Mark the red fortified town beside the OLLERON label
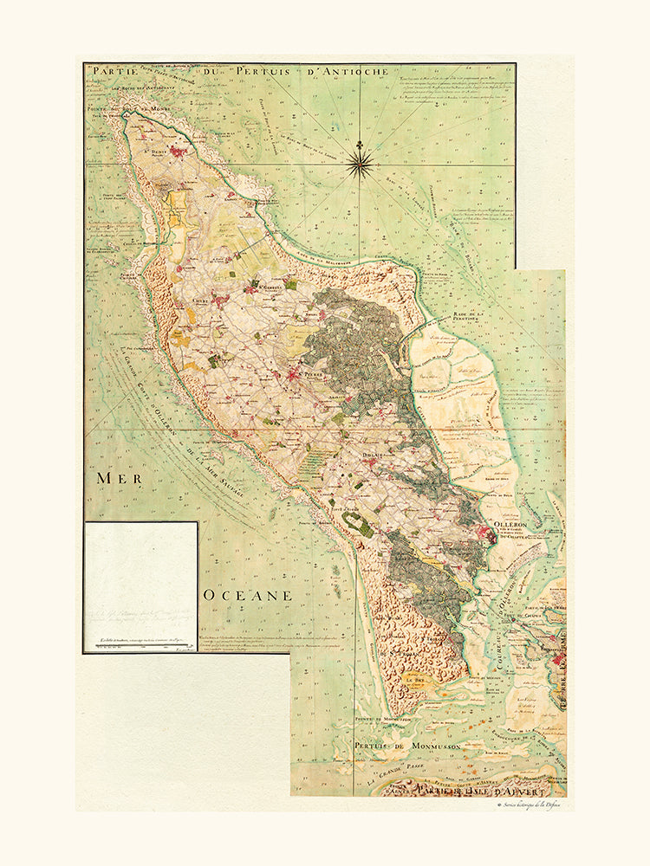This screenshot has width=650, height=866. click(x=491, y=538)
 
